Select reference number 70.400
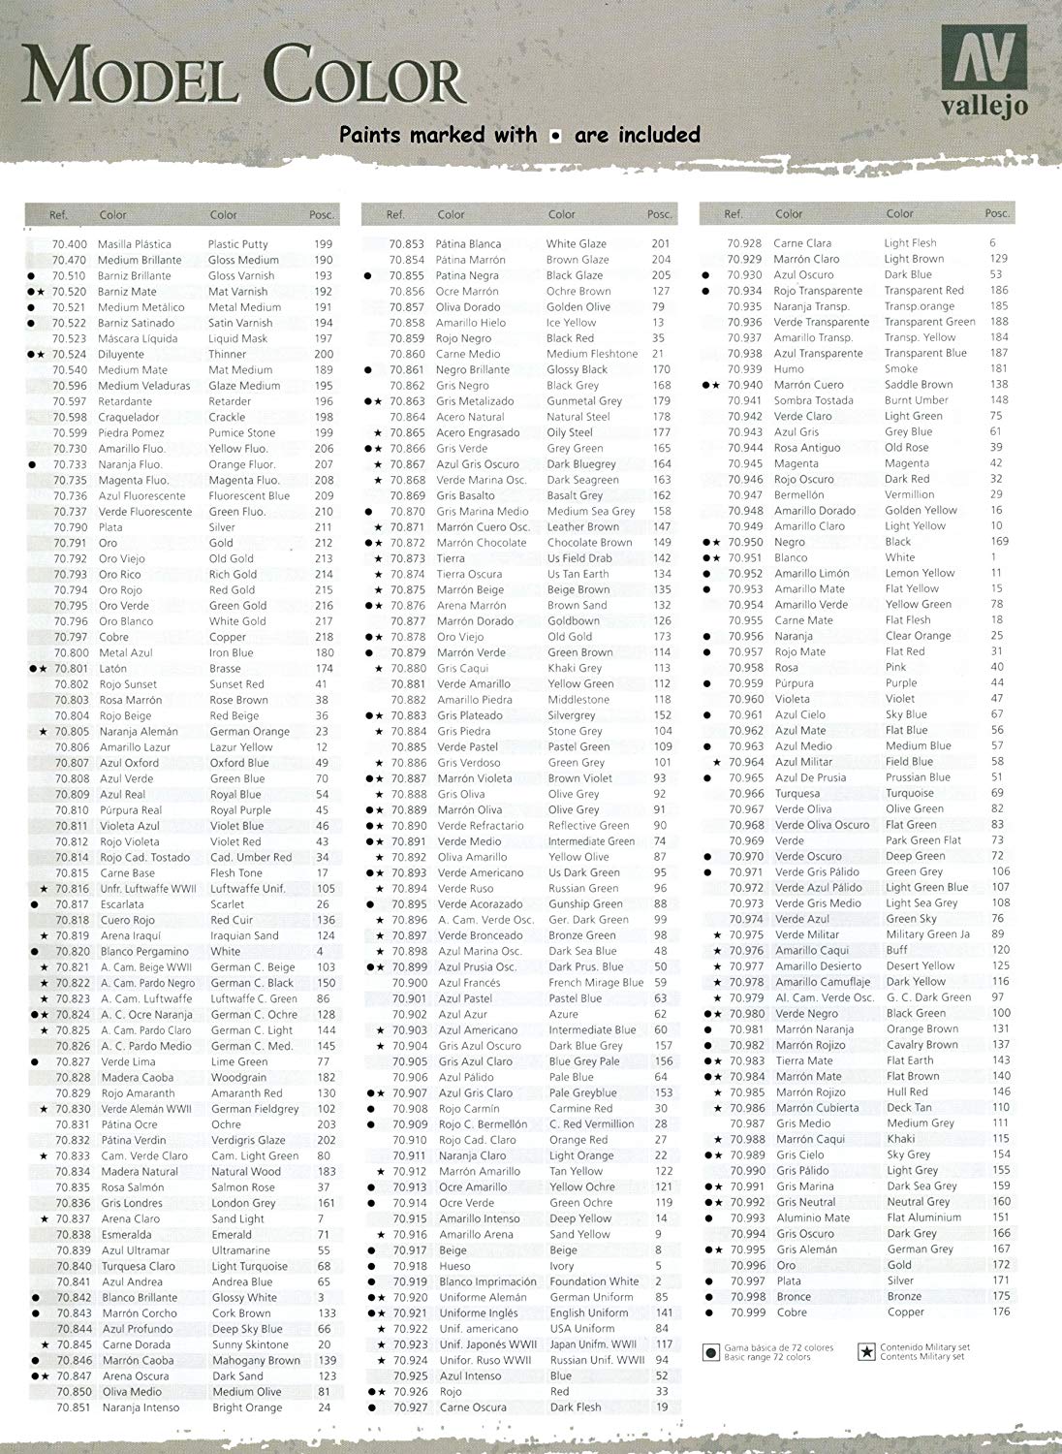[x=69, y=244]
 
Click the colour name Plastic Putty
[x=237, y=244]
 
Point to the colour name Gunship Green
[x=585, y=903]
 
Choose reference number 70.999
[x=747, y=1312]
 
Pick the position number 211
[x=323, y=527]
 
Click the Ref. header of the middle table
[x=395, y=214]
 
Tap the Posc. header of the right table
[x=997, y=213]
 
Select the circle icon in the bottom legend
[x=710, y=1350]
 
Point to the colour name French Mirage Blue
[x=596, y=983]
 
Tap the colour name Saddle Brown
[x=919, y=385]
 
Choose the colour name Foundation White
[x=594, y=1281]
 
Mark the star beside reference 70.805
[x=44, y=732]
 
